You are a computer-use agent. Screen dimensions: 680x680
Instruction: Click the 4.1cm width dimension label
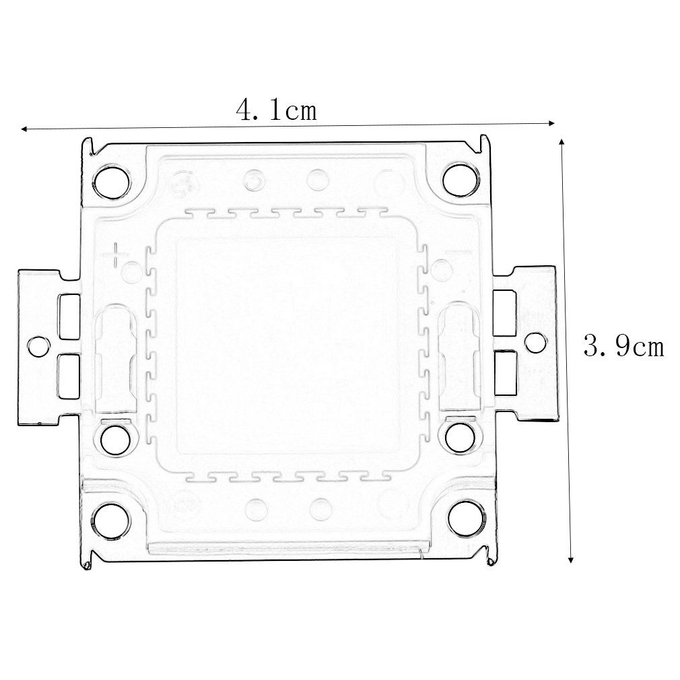[276, 110]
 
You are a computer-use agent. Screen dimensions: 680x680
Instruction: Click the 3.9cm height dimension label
[623, 347]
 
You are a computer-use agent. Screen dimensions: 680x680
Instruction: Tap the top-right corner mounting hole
[461, 180]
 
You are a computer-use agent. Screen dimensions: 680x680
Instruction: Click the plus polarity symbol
[116, 254]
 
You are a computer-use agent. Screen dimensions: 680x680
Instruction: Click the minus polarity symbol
[458, 252]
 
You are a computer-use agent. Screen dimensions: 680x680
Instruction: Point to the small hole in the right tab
[536, 343]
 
